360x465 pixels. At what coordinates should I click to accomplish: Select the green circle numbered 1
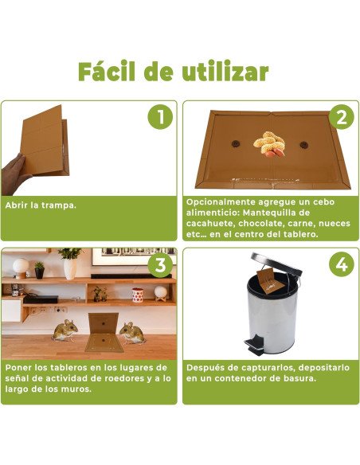pos(159,117)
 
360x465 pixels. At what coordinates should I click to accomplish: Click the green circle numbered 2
pos(340,117)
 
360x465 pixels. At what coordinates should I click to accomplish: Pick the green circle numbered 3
pos(159,264)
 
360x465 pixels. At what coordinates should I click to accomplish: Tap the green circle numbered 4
pos(340,264)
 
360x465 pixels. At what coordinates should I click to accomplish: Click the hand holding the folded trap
pos(17,169)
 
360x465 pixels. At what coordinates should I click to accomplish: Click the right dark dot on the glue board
pos(303,145)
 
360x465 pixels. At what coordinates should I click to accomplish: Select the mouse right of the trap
pos(131,329)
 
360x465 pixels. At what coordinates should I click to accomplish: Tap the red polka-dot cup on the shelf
pos(137,295)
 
